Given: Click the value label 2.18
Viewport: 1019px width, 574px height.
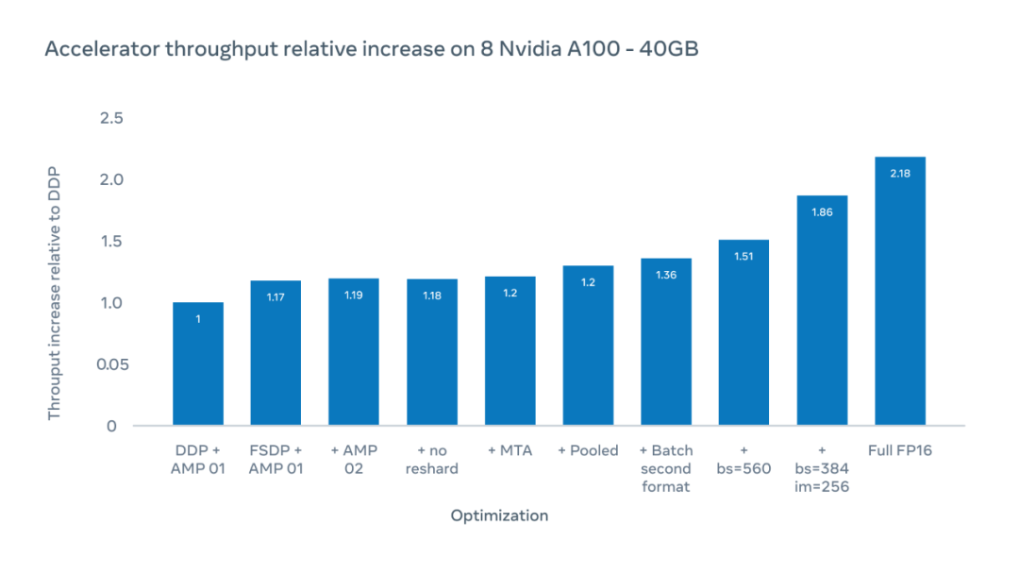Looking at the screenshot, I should pyautogui.click(x=900, y=174).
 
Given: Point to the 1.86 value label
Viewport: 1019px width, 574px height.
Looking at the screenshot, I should pyautogui.click(x=822, y=212).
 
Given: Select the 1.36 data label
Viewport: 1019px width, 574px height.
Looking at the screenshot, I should pyautogui.click(x=666, y=275).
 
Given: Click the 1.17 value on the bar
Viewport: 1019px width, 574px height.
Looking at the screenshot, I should pyautogui.click(x=276, y=297).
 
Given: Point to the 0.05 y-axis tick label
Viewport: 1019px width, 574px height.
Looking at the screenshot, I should pyautogui.click(x=111, y=364).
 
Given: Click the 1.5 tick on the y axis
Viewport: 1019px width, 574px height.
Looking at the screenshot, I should pyautogui.click(x=111, y=242).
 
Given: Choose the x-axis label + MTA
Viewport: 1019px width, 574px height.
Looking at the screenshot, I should pyautogui.click(x=509, y=450).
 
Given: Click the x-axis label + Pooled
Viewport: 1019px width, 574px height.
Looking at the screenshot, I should pyautogui.click(x=588, y=450).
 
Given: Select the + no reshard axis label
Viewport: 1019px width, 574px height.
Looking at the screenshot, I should pyautogui.click(x=431, y=460).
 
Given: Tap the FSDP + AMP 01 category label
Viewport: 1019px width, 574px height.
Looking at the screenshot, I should pyautogui.click(x=276, y=460).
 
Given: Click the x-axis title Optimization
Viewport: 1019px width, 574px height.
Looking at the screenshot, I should pyautogui.click(x=499, y=515).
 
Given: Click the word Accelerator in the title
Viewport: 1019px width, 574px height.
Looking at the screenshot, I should pyautogui.click(x=103, y=49).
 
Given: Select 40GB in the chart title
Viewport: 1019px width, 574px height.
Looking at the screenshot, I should pyautogui.click(x=667, y=49).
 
